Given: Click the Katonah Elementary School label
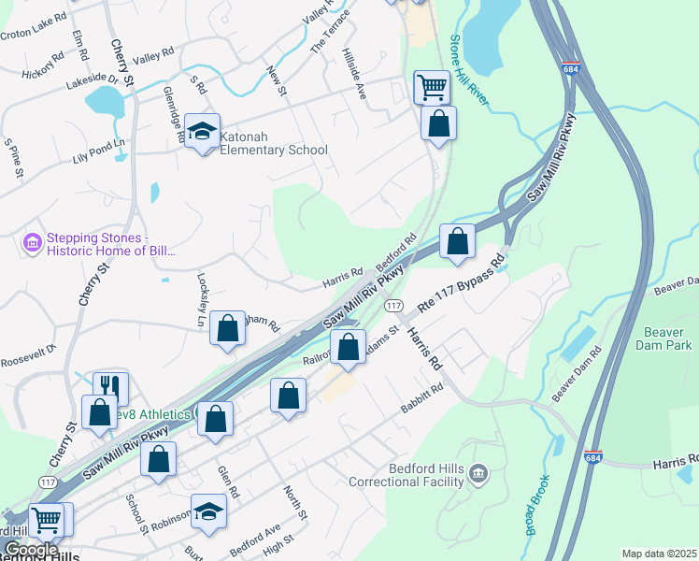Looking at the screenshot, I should click(x=273, y=143).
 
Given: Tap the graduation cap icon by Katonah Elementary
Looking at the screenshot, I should click(x=201, y=131).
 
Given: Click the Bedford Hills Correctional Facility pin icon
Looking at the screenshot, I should click(x=478, y=475).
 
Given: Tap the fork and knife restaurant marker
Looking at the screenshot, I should click(x=110, y=387).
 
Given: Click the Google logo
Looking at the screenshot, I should click(x=31, y=551).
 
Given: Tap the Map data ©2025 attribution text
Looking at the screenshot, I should click(x=659, y=554).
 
